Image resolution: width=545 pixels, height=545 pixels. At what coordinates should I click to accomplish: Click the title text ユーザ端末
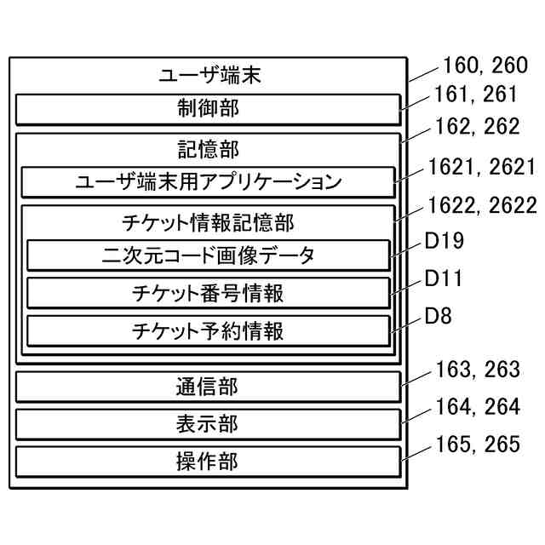pyautogui.click(x=209, y=75)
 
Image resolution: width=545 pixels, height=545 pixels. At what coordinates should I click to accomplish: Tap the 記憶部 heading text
pyautogui.click(x=209, y=149)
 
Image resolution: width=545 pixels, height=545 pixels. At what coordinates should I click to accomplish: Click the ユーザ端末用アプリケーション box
pyautogui.click(x=209, y=182)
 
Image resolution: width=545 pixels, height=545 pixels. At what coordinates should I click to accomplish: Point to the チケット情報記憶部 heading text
pyautogui.click(x=209, y=222)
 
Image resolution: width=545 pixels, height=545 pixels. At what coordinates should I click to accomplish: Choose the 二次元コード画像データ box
pyautogui.click(x=209, y=255)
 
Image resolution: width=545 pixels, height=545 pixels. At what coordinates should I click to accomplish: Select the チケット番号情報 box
pyautogui.click(x=209, y=293)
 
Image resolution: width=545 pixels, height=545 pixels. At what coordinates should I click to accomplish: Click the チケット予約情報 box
pyautogui.click(x=209, y=330)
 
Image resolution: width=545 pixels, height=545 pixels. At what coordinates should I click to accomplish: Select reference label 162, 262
pyautogui.click(x=477, y=127)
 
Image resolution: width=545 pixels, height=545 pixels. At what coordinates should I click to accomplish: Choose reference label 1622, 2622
pyautogui.click(x=483, y=205)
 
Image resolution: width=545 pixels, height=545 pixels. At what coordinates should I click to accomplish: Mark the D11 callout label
pyautogui.click(x=443, y=279)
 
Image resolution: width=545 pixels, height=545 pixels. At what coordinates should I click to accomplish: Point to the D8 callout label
pyautogui.click(x=438, y=318)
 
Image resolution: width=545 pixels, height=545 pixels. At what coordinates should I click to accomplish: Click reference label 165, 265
pyautogui.click(x=477, y=445)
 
